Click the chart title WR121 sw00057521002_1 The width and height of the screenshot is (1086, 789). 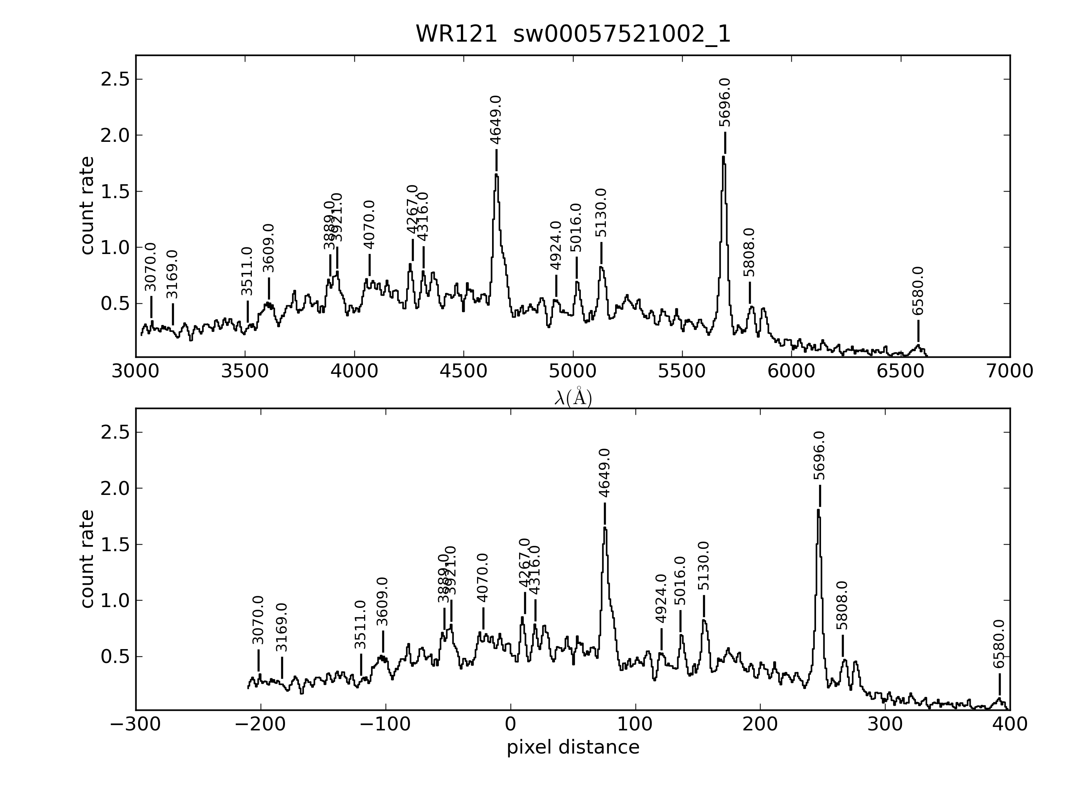coord(573,34)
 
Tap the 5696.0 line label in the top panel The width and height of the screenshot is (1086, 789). coord(725,103)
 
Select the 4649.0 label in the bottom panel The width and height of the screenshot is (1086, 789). coord(604,473)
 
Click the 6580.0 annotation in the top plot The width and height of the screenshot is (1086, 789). coord(918,291)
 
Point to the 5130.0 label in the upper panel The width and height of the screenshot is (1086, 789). coord(601,213)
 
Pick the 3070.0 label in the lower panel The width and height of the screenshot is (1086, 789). coord(258,620)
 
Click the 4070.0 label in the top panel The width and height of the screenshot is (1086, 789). coord(369,225)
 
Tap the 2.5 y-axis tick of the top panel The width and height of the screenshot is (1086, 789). coord(115,79)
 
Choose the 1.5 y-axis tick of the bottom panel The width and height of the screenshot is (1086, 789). coord(115,545)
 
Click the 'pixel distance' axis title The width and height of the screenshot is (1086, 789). coord(573,747)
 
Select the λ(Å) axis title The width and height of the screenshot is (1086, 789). coord(573,398)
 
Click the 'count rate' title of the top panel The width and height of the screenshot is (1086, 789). coord(87,206)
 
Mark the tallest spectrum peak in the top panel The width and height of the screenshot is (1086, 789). coord(723,157)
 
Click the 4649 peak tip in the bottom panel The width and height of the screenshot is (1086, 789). coord(605,527)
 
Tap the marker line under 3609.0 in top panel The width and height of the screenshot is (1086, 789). coord(269,289)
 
